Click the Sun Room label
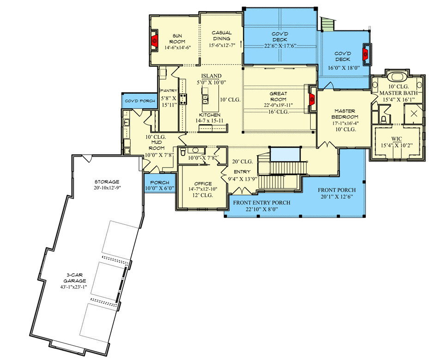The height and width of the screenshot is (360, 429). (x=177, y=39)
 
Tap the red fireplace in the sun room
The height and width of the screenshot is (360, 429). (x=155, y=41)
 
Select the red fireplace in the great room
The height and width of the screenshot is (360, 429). (x=312, y=99)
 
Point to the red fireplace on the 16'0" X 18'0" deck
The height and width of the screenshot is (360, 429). (x=365, y=54)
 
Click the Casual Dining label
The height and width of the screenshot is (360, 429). (x=222, y=36)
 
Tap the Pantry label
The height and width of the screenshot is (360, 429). (x=169, y=90)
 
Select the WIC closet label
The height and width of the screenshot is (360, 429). (x=396, y=139)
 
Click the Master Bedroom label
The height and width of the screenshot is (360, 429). (x=345, y=114)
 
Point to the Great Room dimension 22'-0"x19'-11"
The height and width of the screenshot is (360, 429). (x=278, y=105)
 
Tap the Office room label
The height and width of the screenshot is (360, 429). (x=203, y=184)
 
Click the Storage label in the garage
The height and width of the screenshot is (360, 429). (x=107, y=182)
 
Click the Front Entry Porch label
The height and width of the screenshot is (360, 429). (x=261, y=203)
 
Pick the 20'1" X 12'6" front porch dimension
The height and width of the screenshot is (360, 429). (x=337, y=197)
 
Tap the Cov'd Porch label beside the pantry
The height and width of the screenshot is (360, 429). (x=140, y=101)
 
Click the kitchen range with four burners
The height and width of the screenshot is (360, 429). (x=183, y=99)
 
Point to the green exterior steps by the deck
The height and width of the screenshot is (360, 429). (x=327, y=24)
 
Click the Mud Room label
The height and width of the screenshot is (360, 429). (x=157, y=145)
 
